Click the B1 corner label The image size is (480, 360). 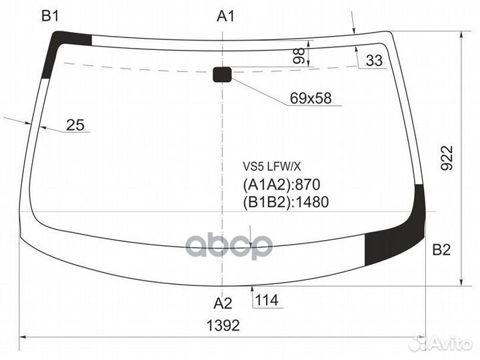pos(50,15)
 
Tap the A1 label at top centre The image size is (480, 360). pos(225,15)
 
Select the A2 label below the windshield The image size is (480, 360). pos(223,303)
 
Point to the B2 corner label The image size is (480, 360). pos(441,250)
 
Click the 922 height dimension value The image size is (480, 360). pos(446,158)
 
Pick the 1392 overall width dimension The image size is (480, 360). pos(223,325)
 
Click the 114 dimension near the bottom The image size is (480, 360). pos(267,300)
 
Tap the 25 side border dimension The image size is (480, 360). pos(75,125)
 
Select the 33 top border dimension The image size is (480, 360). pos(374,60)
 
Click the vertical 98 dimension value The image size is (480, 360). pos(299,56)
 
